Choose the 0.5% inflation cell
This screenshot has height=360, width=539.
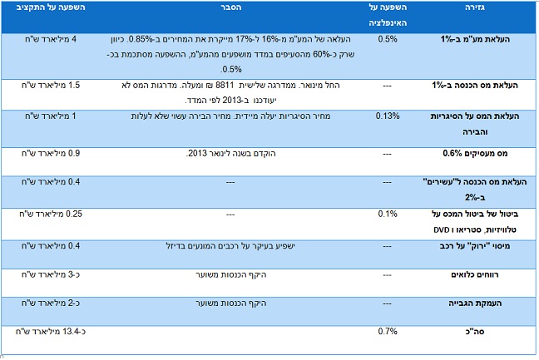pos(387,38)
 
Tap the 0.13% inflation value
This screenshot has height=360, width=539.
pos(387,115)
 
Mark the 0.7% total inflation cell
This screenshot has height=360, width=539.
pos(387,333)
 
